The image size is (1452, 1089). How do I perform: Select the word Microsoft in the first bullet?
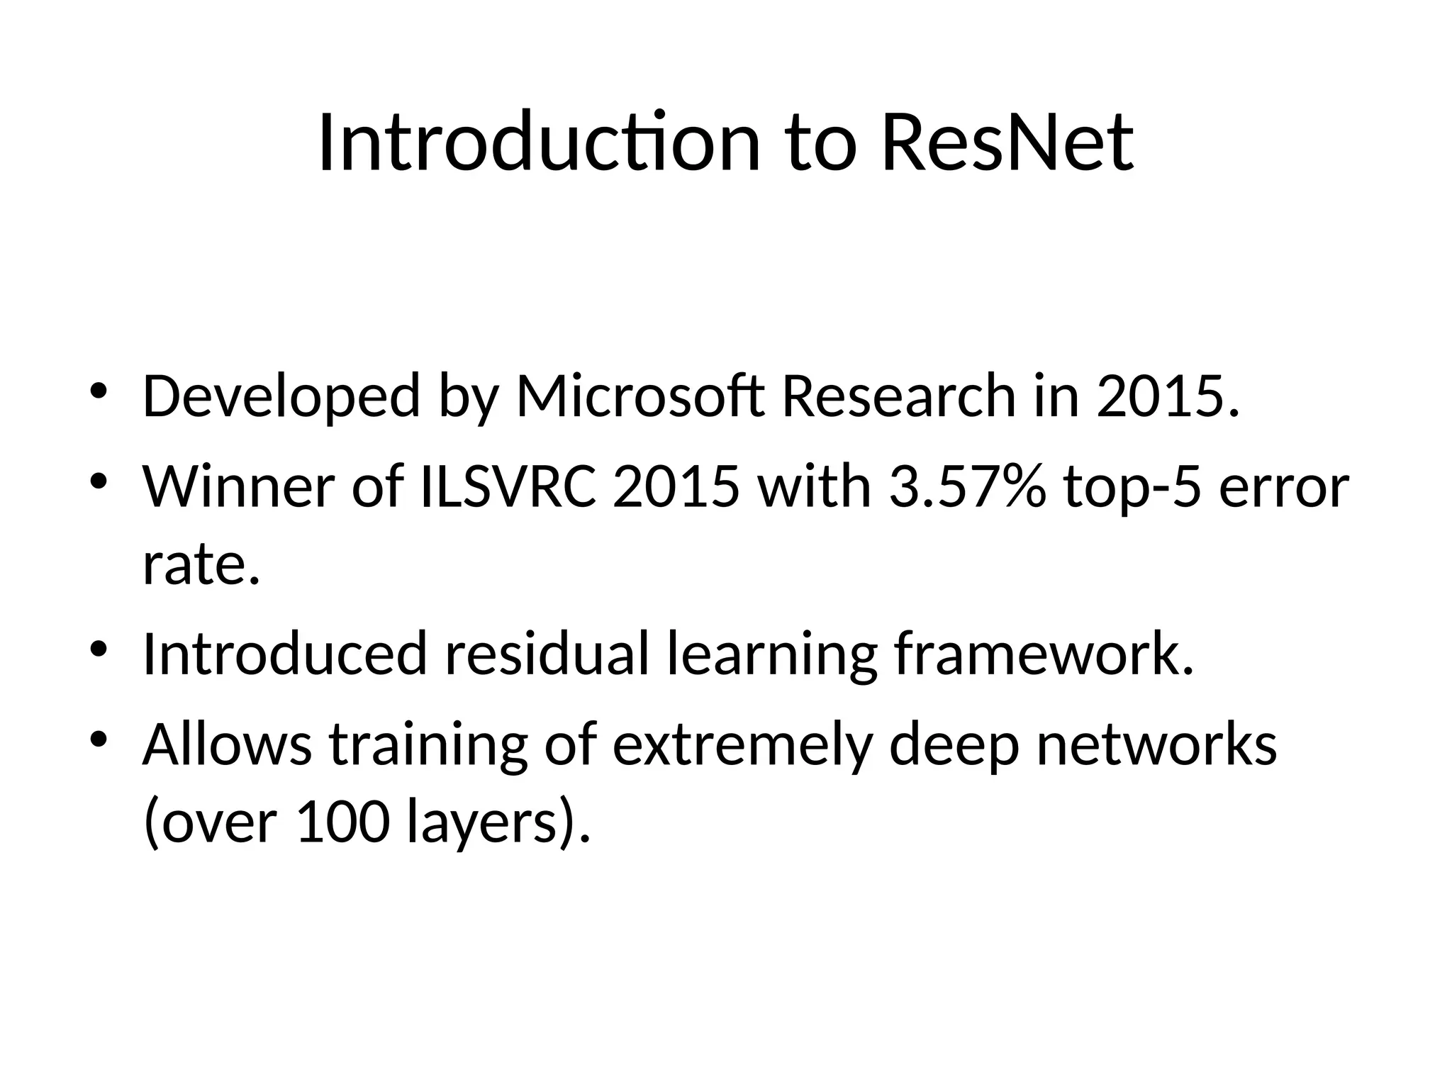click(640, 397)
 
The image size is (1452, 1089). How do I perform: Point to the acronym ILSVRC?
click(508, 488)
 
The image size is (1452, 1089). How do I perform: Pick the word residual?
click(546, 654)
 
